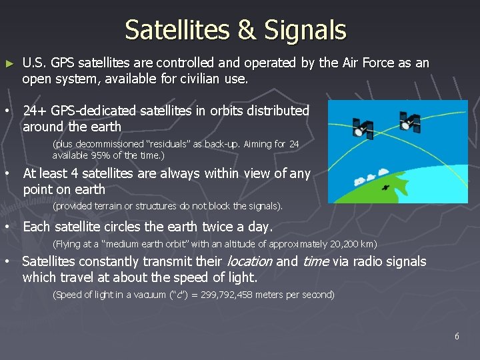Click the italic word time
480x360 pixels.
[316, 261]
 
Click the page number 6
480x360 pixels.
[457, 336]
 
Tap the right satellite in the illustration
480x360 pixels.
[409, 122]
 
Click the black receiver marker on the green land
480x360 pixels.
[385, 188]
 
